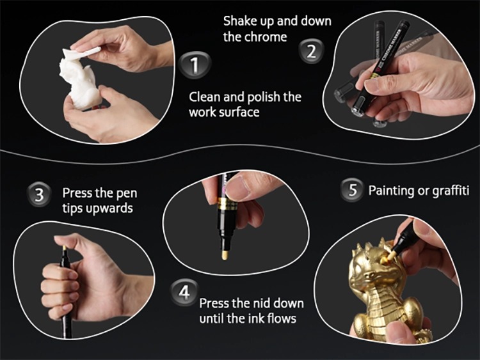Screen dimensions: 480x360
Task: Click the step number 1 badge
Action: pyautogui.click(x=195, y=65)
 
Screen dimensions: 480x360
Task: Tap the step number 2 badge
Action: pyautogui.click(x=311, y=51)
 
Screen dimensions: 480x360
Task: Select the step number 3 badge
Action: pyautogui.click(x=40, y=195)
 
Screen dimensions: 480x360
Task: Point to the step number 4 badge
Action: pyautogui.click(x=184, y=293)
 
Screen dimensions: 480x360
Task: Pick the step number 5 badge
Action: pyautogui.click(x=353, y=190)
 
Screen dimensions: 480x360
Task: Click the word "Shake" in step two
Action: pyautogui.click(x=240, y=21)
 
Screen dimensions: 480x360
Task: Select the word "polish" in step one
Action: pyautogui.click(x=264, y=98)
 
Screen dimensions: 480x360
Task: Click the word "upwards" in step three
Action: pyautogui.click(x=109, y=208)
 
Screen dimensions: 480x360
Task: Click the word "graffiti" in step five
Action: pyautogui.click(x=451, y=191)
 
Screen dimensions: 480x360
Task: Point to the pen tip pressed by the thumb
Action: pyautogui.click(x=65, y=248)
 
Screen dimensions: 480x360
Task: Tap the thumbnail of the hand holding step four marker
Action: pyautogui.click(x=241, y=187)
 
